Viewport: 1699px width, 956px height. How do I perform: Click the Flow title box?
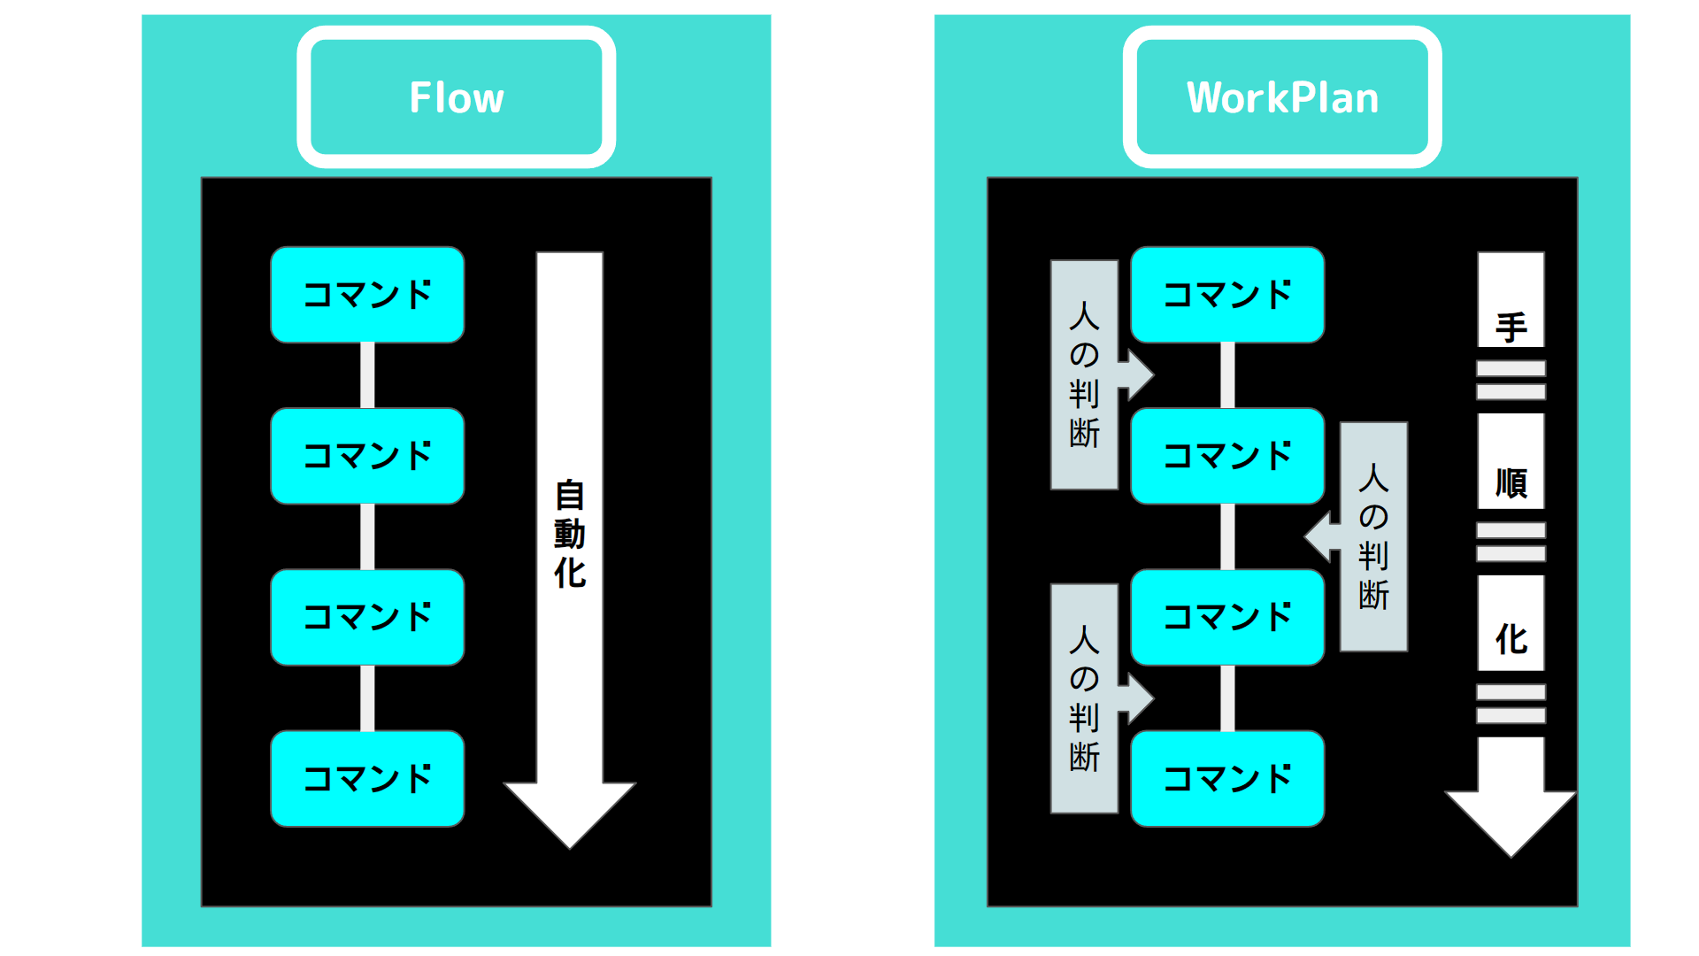(456, 97)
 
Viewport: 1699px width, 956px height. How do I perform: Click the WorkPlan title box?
(1281, 97)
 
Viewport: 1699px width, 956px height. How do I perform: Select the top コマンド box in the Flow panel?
(367, 295)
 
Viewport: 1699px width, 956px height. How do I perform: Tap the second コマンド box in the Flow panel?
(367, 456)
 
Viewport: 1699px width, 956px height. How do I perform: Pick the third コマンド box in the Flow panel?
(367, 617)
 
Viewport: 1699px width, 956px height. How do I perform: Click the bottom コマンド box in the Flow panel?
(367, 778)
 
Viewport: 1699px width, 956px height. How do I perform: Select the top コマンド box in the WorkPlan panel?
(1227, 295)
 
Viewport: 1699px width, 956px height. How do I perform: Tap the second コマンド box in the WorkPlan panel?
(1227, 456)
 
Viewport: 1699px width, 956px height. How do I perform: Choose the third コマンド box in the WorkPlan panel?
(1227, 617)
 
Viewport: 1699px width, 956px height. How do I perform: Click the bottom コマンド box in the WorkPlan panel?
(1227, 778)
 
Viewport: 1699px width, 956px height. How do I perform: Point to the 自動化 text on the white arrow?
(570, 534)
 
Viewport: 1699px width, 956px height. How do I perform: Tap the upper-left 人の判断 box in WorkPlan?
(1084, 374)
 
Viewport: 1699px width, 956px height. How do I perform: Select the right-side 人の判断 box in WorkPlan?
(1373, 536)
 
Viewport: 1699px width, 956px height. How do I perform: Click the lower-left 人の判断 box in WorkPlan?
(1084, 698)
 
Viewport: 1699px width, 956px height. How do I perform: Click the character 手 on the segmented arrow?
(1511, 328)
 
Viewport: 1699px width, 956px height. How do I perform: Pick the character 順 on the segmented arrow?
(1511, 483)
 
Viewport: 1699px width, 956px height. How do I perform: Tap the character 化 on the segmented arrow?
(1511, 639)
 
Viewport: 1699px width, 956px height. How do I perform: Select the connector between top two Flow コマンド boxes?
(367, 375)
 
